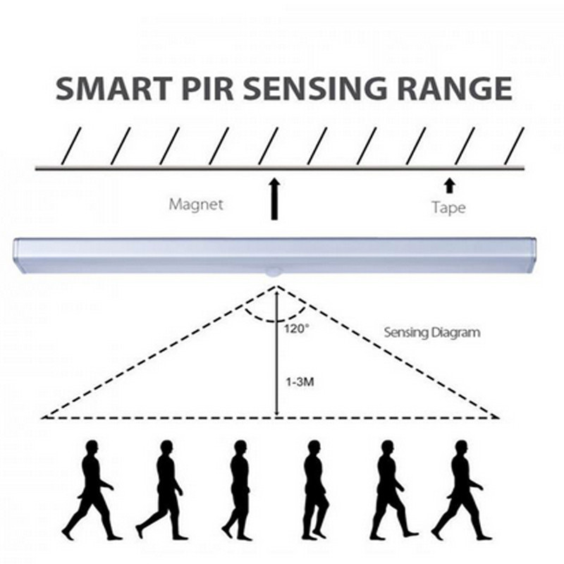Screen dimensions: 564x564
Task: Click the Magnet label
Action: tap(195, 204)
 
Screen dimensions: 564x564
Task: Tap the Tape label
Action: tap(448, 207)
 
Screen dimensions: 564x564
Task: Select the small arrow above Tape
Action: tap(448, 187)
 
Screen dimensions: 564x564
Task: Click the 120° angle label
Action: tap(296, 329)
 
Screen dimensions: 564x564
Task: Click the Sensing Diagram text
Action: tap(431, 332)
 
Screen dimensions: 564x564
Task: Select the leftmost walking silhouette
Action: tap(90, 490)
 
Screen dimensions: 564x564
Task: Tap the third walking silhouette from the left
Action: tap(238, 490)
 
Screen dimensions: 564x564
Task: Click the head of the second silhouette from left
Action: tap(166, 447)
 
